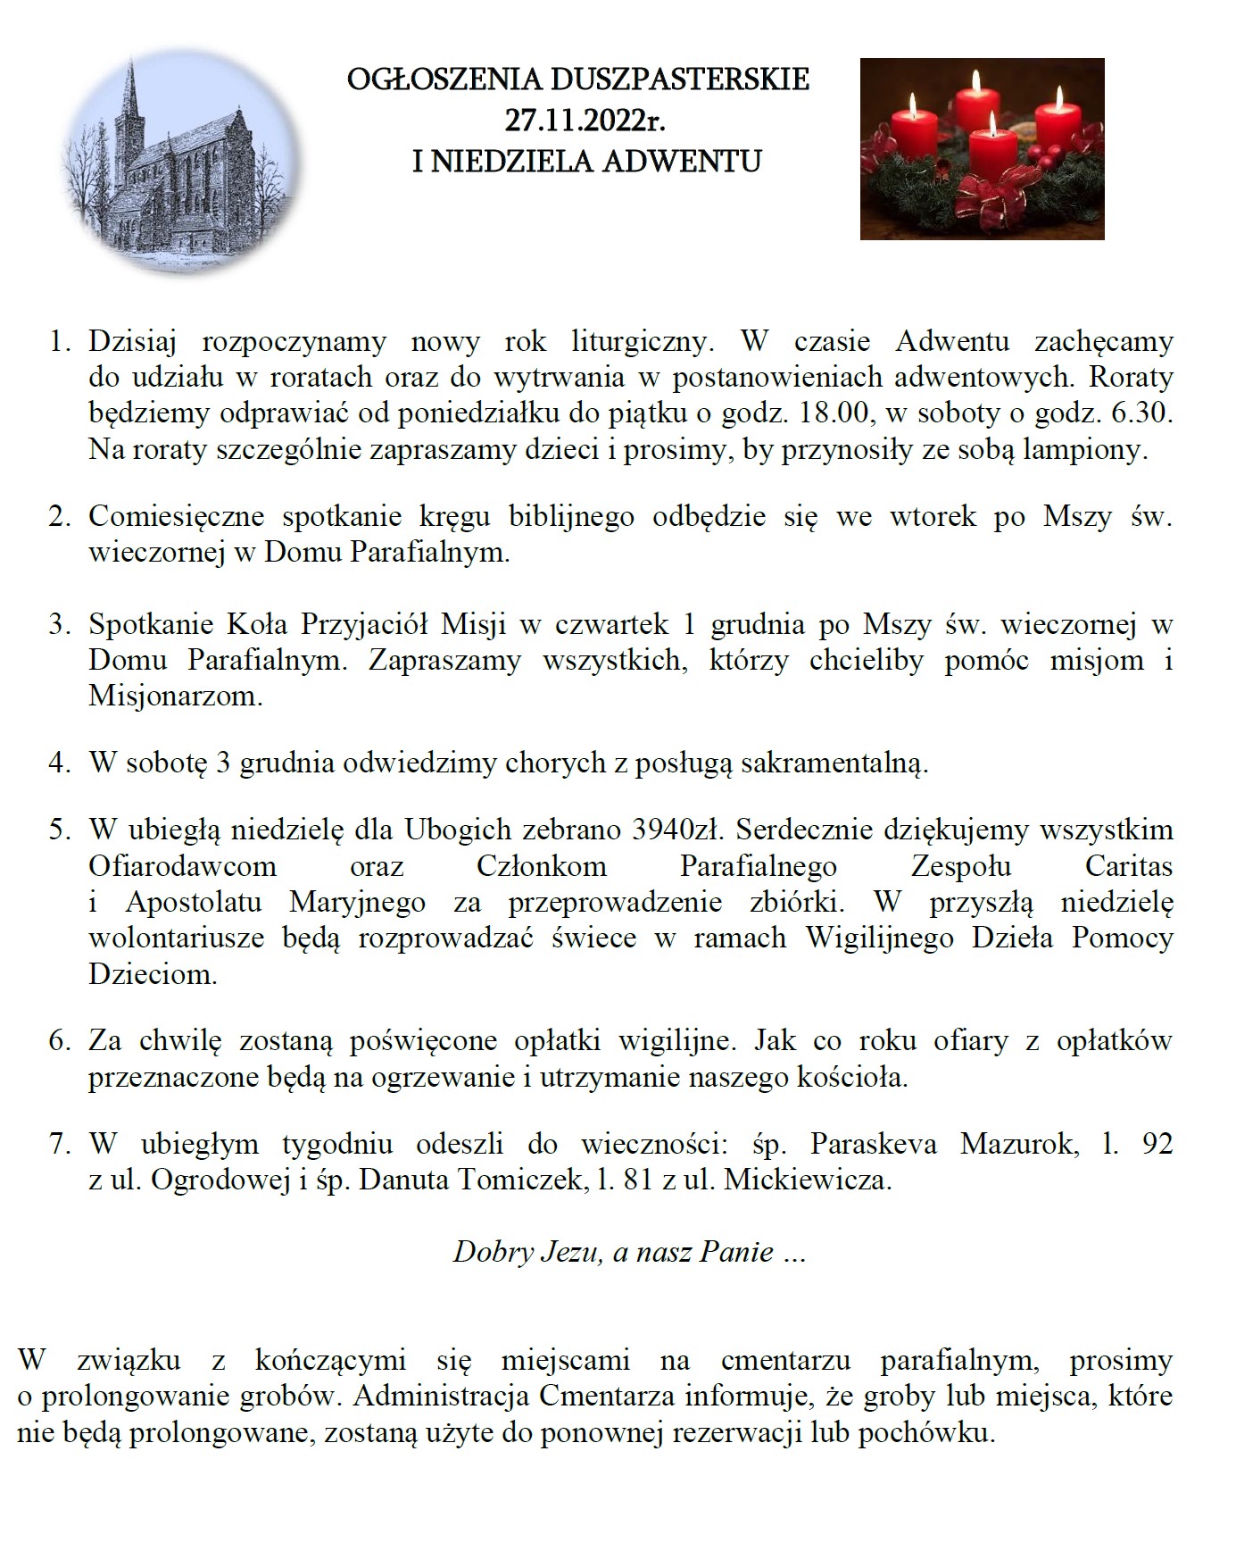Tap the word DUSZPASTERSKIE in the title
tap(680, 79)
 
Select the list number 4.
tap(59, 764)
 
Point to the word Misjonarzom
tap(175, 696)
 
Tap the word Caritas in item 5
tap(1129, 865)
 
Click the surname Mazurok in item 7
tap(1017, 1144)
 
